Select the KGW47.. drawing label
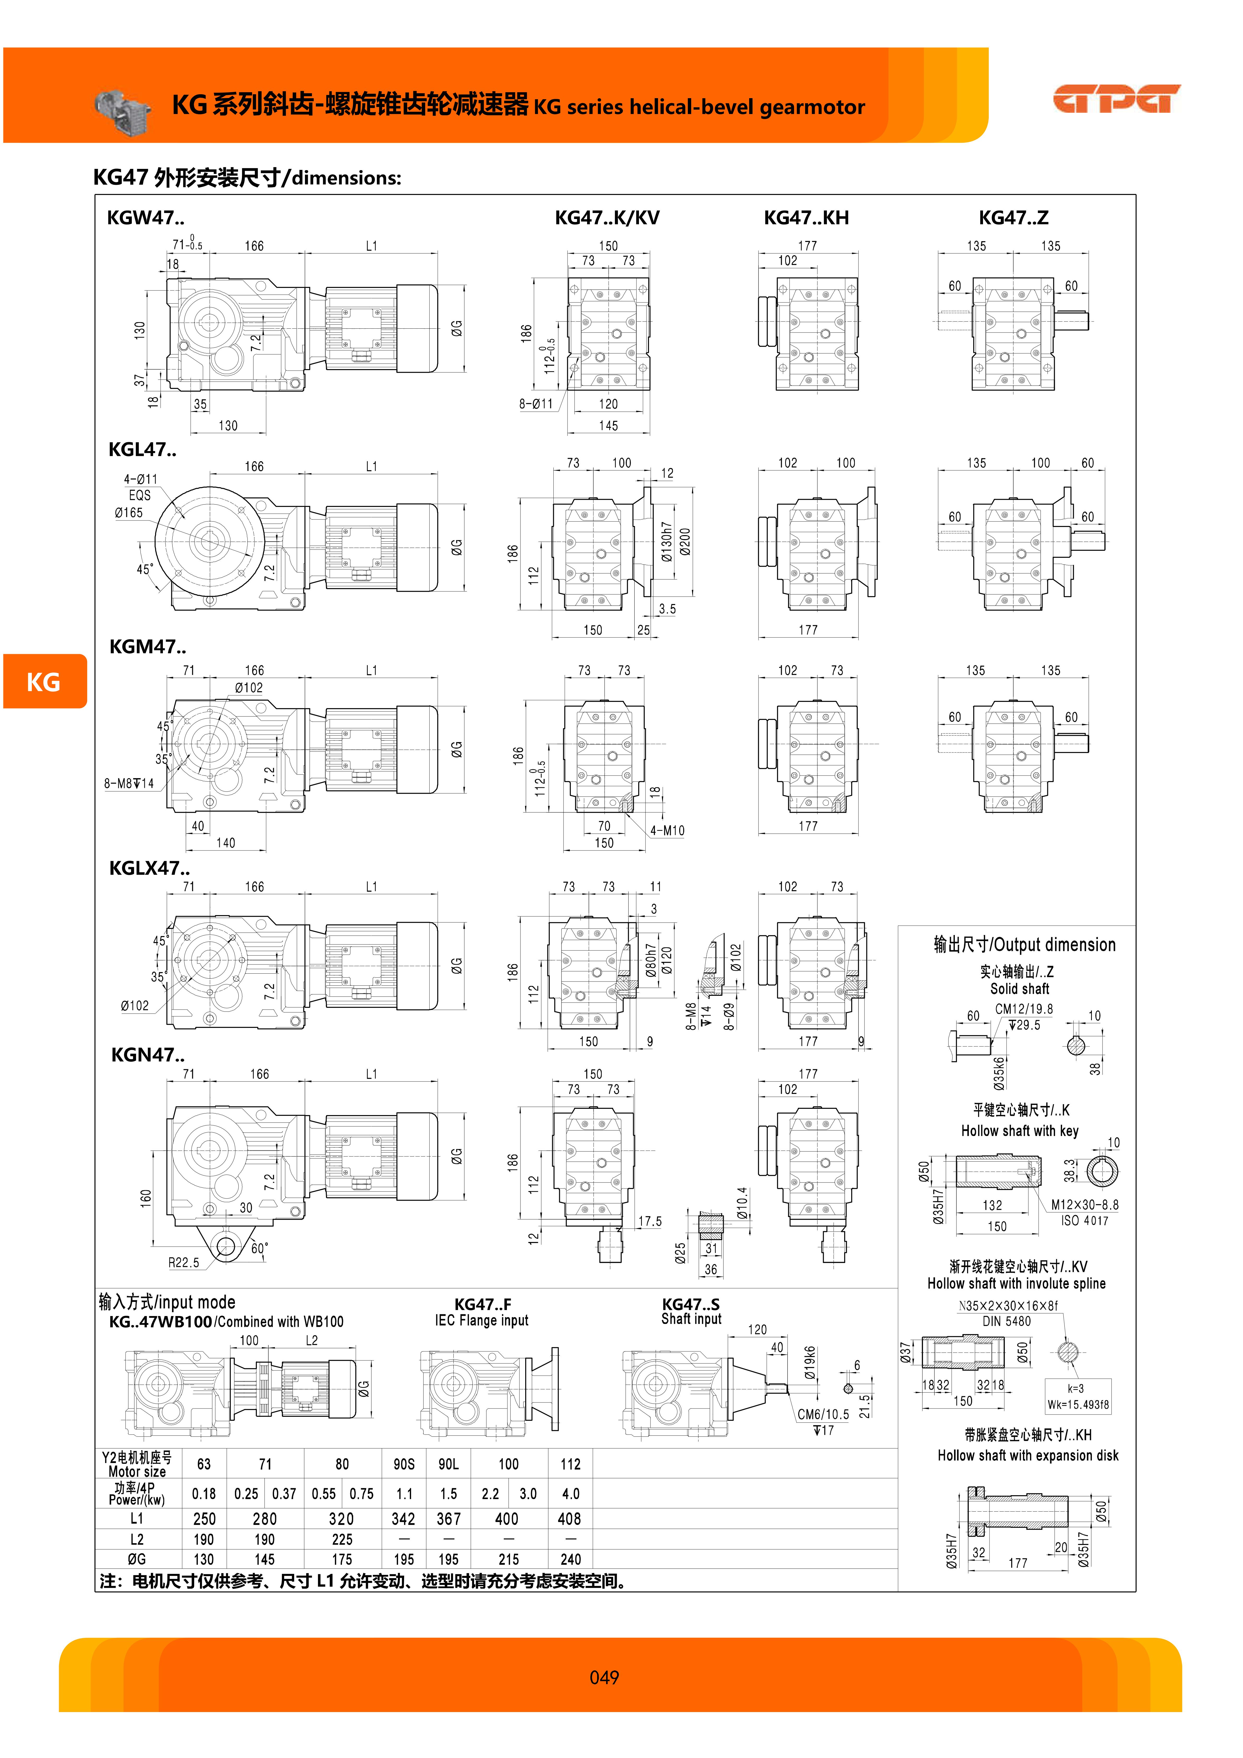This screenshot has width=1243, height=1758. (145, 218)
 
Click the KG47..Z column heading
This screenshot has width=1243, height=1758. (1013, 218)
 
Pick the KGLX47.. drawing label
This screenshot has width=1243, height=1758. (149, 868)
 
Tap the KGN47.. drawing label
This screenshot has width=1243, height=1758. (148, 1055)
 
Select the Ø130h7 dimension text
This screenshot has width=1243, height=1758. (666, 542)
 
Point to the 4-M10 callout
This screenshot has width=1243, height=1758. (667, 831)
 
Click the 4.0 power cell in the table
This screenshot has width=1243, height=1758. (571, 1494)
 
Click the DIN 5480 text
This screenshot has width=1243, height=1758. (1006, 1322)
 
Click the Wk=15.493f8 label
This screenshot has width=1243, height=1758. (1078, 1405)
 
